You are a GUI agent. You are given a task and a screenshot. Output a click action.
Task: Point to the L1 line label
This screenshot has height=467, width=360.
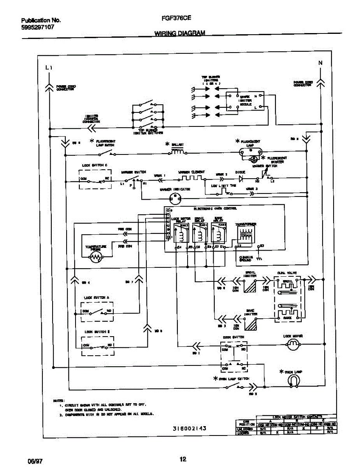point(49,68)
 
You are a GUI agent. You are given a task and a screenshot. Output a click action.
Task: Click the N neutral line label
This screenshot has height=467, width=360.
point(320,63)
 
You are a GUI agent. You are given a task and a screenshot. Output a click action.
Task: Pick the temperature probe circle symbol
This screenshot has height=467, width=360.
point(96,256)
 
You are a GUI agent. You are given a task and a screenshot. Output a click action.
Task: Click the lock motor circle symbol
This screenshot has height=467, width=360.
point(293,344)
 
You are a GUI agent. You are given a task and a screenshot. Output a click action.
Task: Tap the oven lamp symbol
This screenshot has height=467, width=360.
point(295,382)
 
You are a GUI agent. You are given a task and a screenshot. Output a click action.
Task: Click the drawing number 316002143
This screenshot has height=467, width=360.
point(189,428)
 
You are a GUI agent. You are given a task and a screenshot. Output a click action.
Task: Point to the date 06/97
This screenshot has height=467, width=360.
point(35,461)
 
